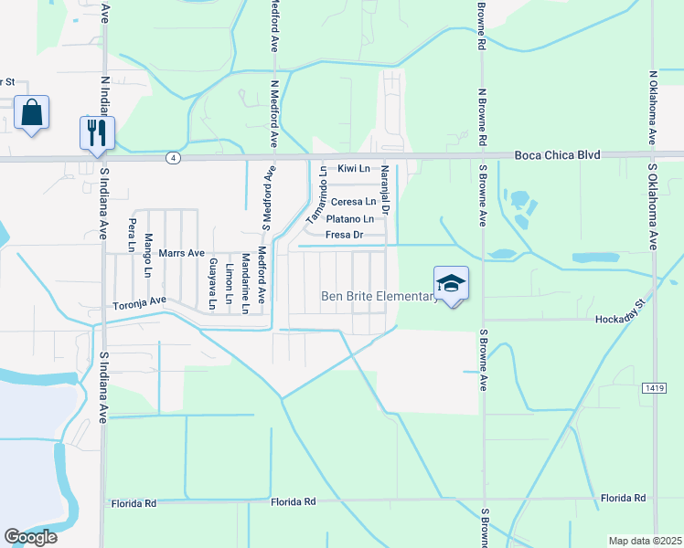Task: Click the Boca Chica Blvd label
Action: (557, 155)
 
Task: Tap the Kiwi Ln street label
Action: (353, 169)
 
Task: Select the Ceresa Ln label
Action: (353, 202)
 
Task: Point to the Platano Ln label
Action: (350, 219)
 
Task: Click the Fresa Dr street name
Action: (346, 236)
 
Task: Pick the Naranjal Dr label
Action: (386, 190)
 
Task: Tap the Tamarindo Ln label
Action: (317, 195)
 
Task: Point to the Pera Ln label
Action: (133, 235)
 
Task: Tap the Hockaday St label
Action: (621, 319)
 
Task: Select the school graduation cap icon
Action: (452, 283)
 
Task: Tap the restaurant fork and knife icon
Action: (96, 132)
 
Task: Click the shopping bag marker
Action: (31, 113)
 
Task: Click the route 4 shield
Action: (172, 158)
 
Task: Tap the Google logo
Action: (30, 537)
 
